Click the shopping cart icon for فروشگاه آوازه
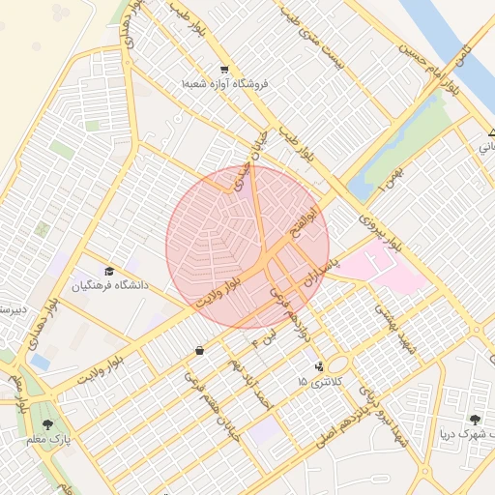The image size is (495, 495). pyautogui.click(x=224, y=69)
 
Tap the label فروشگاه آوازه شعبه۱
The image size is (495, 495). pyautogui.click(x=224, y=84)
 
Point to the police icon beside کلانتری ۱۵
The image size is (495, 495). pyautogui.click(x=320, y=366)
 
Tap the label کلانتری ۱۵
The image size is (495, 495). pyautogui.click(x=320, y=384)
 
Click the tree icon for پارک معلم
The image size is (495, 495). pyautogui.click(x=47, y=423)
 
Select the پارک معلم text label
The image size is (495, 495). pyautogui.click(x=47, y=440)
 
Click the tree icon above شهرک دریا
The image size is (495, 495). pyautogui.click(x=474, y=419)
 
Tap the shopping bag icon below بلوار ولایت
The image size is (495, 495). pyautogui.click(x=199, y=350)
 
